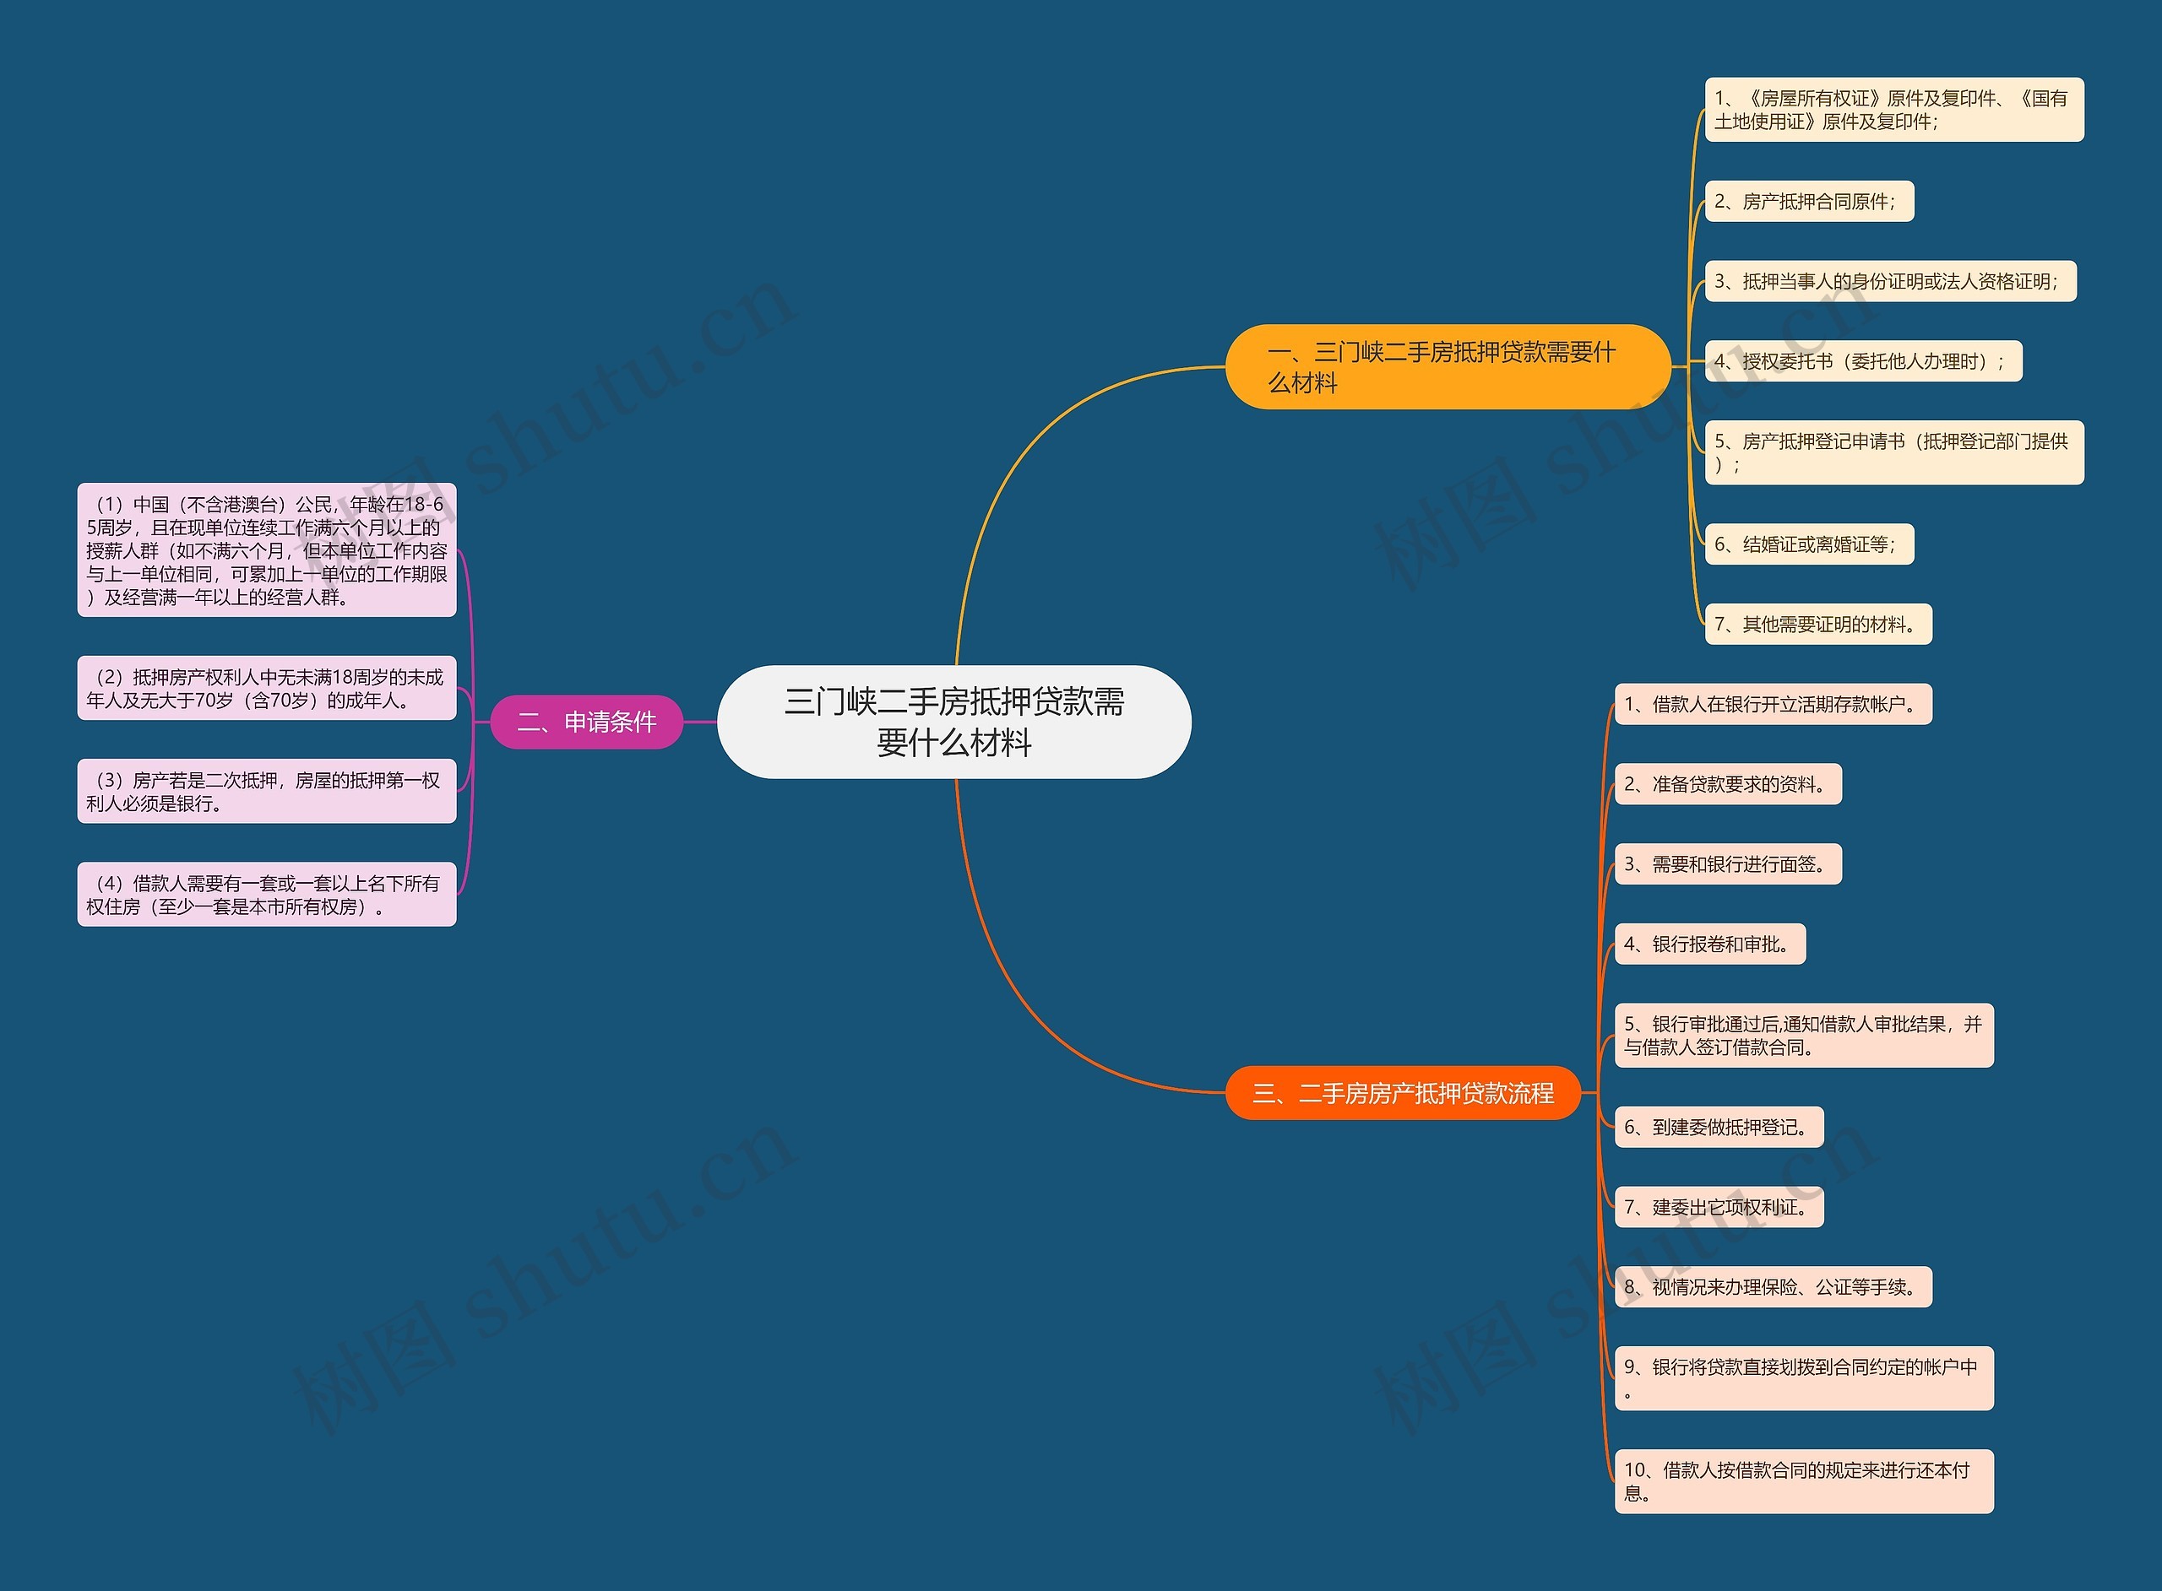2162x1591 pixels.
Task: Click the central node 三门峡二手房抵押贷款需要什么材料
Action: pos(953,722)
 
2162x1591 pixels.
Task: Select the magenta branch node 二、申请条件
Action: pos(586,722)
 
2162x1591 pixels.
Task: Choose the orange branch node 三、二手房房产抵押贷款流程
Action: pos(1402,1093)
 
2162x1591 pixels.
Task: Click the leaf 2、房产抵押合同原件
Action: pos(1808,201)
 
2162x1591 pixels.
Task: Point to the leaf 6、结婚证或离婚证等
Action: pos(1808,544)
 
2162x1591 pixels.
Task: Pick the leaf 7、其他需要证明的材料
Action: pos(1817,624)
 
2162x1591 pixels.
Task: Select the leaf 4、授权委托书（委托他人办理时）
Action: pos(1862,361)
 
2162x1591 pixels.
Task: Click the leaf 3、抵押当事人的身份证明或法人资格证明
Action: pos(1889,281)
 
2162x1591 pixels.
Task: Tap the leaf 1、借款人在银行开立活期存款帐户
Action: pos(1772,704)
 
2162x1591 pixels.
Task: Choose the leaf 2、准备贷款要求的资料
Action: pos(1726,784)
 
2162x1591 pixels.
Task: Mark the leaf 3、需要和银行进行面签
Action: pos(1726,864)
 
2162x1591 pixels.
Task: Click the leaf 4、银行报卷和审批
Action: pos(1709,944)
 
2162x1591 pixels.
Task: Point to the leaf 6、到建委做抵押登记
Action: pos(1718,1127)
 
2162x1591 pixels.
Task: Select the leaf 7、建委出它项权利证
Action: pos(1718,1207)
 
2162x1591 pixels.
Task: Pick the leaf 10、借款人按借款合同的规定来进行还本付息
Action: pos(1802,1481)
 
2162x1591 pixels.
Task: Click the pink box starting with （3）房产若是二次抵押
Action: pos(266,791)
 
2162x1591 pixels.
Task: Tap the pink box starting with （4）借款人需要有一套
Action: pos(266,894)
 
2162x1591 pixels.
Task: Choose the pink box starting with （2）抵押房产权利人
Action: pos(266,688)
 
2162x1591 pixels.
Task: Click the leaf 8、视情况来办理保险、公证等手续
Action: pos(1772,1286)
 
